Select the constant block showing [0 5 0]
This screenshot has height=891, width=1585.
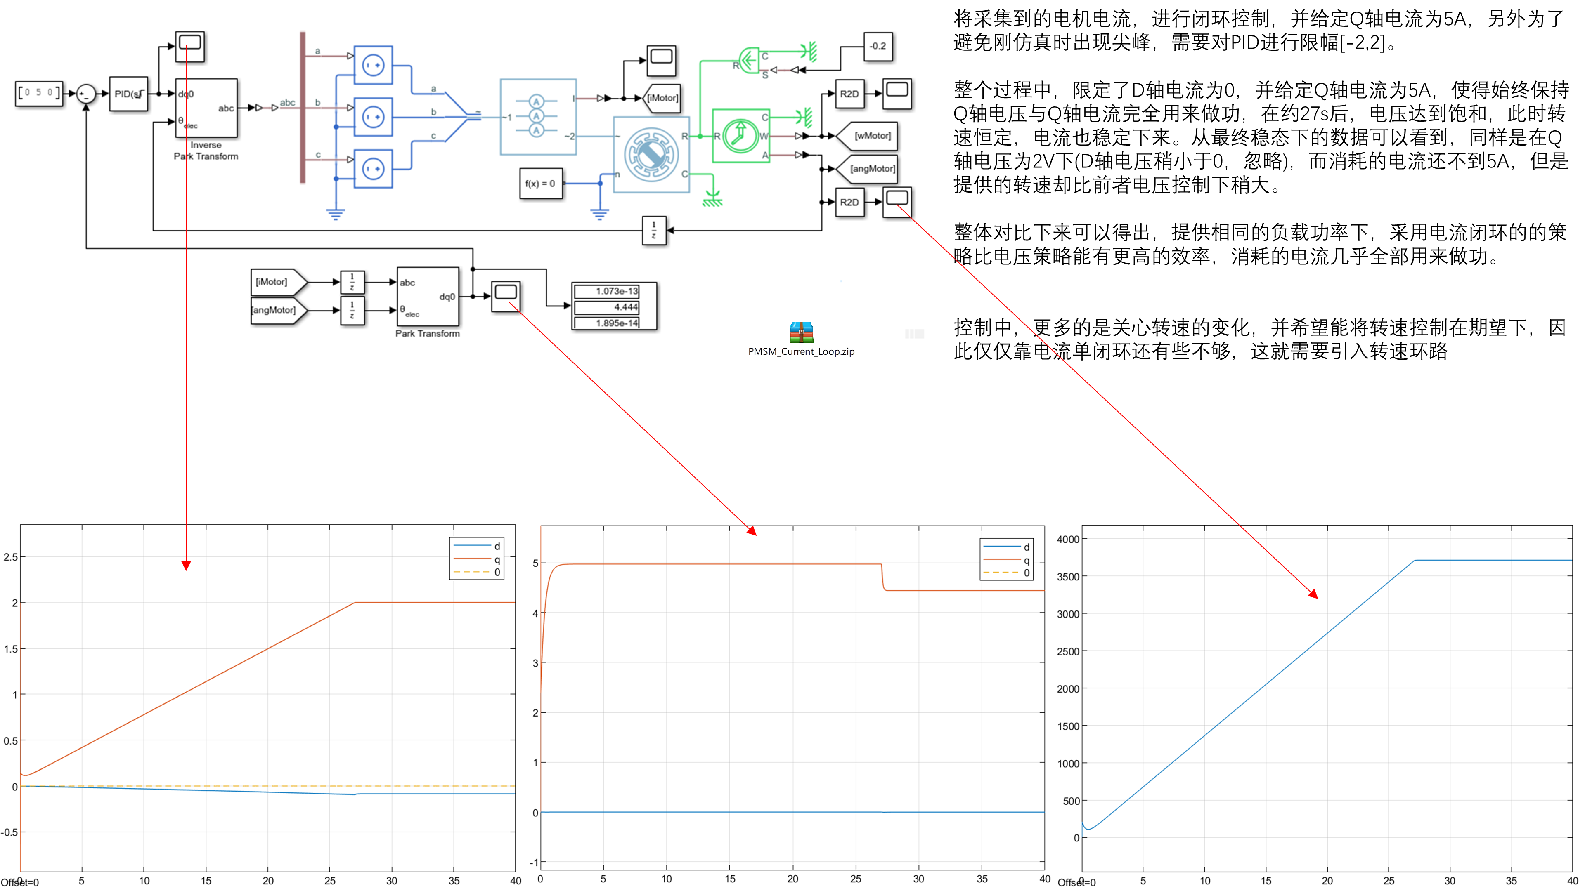39,93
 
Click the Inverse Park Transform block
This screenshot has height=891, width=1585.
206,108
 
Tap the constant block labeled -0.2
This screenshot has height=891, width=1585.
878,46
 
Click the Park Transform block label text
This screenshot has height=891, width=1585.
427,333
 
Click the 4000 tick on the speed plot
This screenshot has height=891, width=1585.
1067,539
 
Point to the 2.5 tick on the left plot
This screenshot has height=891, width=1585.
10,557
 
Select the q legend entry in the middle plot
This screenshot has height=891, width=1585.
1026,560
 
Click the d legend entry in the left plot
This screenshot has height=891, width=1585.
497,546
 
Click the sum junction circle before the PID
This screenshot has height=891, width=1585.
86,94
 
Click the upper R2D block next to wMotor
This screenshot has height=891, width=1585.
849,94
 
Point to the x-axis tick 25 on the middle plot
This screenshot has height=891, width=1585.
856,879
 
